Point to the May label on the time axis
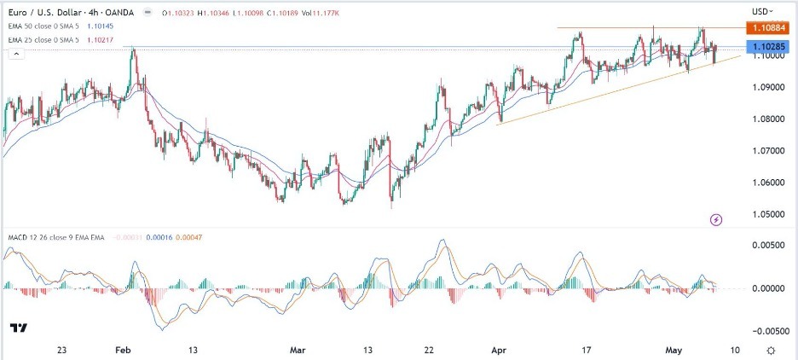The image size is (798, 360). (x=675, y=350)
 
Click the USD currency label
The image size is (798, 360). (x=761, y=11)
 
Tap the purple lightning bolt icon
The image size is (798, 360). (x=716, y=219)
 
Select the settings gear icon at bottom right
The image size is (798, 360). (x=771, y=350)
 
